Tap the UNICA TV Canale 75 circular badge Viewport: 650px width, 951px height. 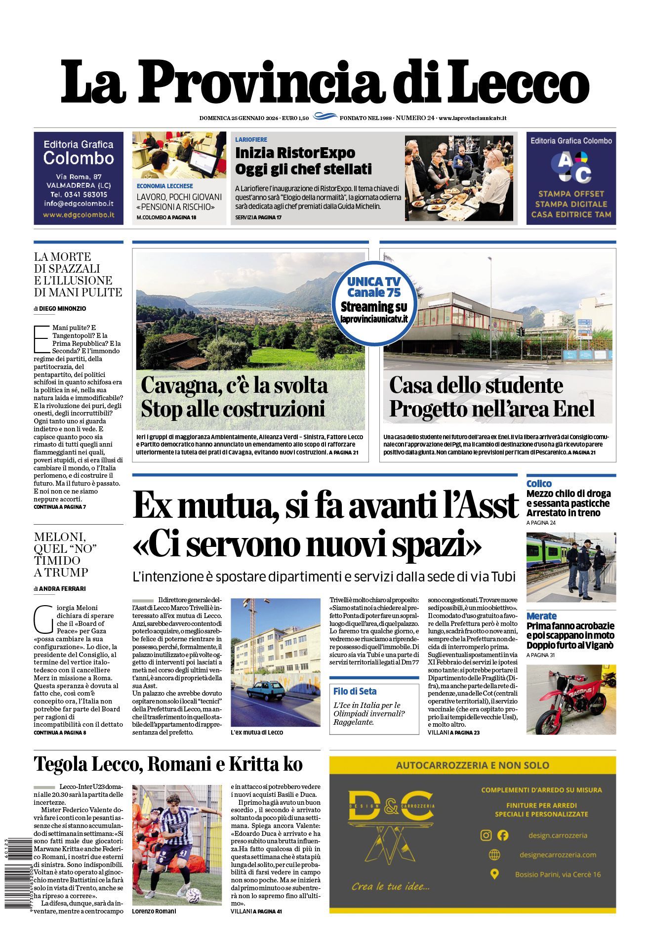pos(374,303)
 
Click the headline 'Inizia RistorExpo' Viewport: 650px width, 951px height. pos(295,153)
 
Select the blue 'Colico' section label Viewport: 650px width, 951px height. pos(539,484)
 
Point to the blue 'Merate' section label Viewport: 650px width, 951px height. pos(541,616)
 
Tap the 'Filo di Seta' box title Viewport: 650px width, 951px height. pos(355,691)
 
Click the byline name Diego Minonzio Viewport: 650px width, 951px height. pos(62,308)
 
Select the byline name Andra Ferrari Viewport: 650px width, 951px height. pos(62,588)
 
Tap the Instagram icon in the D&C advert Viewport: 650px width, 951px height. pos(486,835)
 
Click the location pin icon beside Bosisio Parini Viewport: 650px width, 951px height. pos(494,874)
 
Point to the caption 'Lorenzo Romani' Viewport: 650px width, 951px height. pos(154,911)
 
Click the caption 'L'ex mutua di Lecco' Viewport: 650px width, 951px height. pos(257,732)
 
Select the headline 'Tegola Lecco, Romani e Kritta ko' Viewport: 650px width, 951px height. pos(168,764)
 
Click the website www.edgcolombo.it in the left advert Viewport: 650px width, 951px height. pos(79,215)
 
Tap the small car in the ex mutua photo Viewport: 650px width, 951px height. pos(264,692)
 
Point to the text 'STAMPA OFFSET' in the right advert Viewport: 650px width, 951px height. pos(571,194)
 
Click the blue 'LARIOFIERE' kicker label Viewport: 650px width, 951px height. pos(251,140)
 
